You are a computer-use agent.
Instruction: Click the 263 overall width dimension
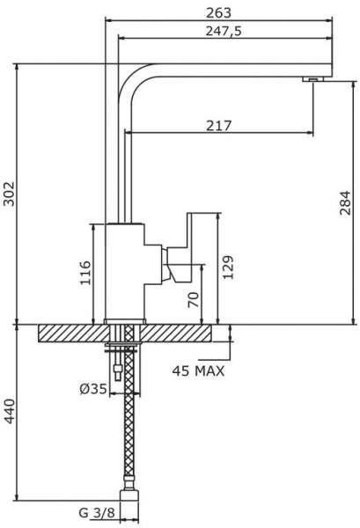219,13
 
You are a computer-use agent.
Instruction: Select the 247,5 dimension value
224,32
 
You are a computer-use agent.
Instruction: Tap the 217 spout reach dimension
219,126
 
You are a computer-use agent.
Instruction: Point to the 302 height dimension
9,194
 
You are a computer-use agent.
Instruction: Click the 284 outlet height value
345,202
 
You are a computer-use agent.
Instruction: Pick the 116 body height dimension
84,272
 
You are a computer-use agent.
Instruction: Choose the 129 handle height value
228,267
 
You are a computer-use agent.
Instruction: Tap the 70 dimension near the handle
194,299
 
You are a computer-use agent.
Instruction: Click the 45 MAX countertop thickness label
198,371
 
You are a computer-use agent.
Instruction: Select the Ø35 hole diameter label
93,389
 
